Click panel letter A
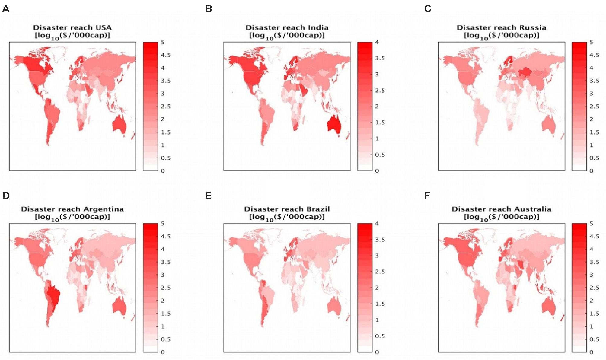coord(6,9)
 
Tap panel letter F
coord(427,196)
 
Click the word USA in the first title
coord(104,27)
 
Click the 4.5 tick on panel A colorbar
coord(165,55)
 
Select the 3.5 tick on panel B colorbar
coord(380,58)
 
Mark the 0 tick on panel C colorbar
coord(591,171)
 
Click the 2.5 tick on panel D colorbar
coord(165,288)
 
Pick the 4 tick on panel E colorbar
coord(377,224)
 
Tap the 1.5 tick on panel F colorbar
coord(594,314)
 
